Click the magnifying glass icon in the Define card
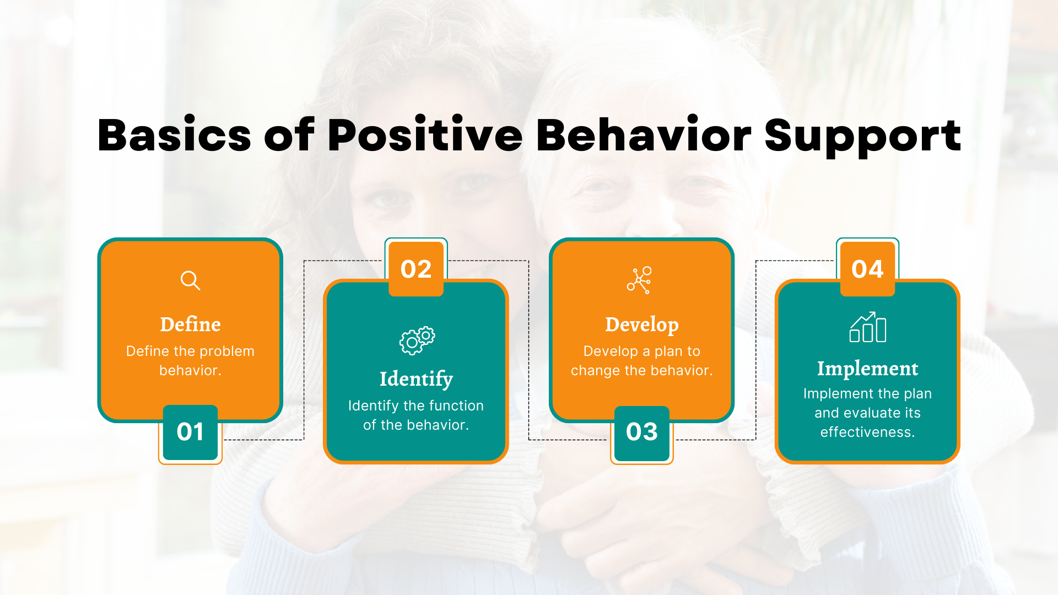pyautogui.click(x=190, y=280)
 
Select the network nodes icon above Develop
pyautogui.click(x=640, y=280)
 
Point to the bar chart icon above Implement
pyautogui.click(x=867, y=328)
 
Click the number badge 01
pyautogui.click(x=190, y=432)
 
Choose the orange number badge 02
pyautogui.click(x=416, y=269)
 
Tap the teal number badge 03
pyautogui.click(x=641, y=432)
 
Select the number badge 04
pyautogui.click(x=867, y=269)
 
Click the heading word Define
pyautogui.click(x=190, y=324)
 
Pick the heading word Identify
pyautogui.click(x=416, y=379)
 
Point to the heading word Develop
pyautogui.click(x=641, y=324)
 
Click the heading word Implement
pyautogui.click(x=867, y=369)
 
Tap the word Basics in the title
pyautogui.click(x=174, y=136)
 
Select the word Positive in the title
pyautogui.click(x=425, y=136)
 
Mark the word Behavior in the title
pyautogui.click(x=644, y=136)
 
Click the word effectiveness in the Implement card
pyautogui.click(x=867, y=432)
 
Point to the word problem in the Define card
pyautogui.click(x=227, y=351)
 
